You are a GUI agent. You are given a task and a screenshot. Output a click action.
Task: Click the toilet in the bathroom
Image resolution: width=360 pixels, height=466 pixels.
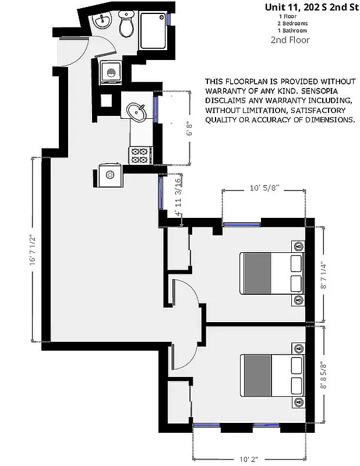click(x=126, y=26)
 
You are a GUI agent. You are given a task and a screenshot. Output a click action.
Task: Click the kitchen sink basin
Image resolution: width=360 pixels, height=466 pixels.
click(x=138, y=112)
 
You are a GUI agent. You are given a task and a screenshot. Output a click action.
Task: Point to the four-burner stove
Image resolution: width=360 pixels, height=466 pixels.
click(x=140, y=155)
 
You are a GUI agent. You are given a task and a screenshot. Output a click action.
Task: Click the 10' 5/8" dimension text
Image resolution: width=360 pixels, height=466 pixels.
click(x=264, y=188)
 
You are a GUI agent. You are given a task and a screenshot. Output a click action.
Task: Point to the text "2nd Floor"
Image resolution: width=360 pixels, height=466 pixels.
click(x=290, y=40)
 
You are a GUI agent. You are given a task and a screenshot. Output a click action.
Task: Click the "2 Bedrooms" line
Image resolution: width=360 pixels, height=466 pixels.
click(x=292, y=23)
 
